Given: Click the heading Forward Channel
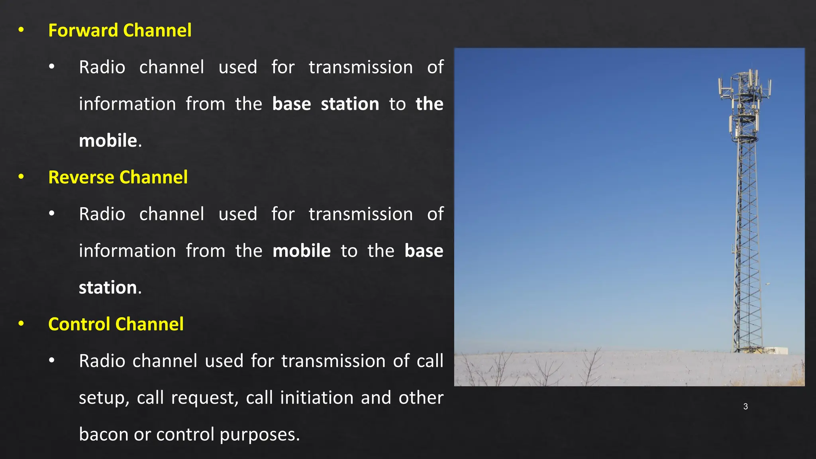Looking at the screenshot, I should (x=120, y=31).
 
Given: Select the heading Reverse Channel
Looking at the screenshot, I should (x=118, y=177).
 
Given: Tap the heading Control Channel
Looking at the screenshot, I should (x=116, y=324).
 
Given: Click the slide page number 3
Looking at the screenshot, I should (x=745, y=406).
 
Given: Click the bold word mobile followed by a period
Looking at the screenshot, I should (x=108, y=141).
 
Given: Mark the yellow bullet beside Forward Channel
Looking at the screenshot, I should (x=21, y=30).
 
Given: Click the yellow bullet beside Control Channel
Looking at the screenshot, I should (x=21, y=324).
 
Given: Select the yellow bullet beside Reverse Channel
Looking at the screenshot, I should (x=21, y=177).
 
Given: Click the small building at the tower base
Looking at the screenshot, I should (x=774, y=350).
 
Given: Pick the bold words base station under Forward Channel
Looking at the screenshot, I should (x=326, y=104).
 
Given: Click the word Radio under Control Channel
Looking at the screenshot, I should (x=102, y=361).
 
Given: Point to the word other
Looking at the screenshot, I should (x=421, y=398).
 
